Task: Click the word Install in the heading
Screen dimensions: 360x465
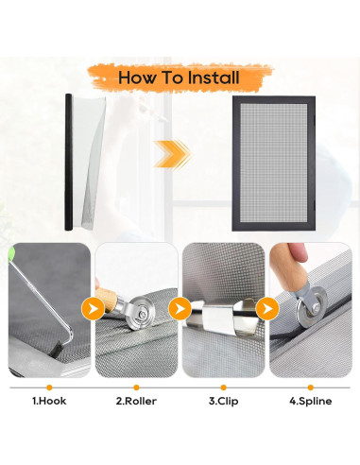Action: tap(214, 77)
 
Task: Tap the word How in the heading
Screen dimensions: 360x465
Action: tap(136, 77)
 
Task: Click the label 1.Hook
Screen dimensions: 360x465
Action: tap(49, 401)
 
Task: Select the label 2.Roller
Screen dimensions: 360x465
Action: tap(136, 401)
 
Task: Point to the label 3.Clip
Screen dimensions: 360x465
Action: tap(223, 402)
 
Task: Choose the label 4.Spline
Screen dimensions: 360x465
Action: tap(311, 402)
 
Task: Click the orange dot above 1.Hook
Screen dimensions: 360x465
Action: tap(49, 387)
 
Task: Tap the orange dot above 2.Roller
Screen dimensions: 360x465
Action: tap(136, 387)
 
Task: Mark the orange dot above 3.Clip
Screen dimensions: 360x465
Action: tap(223, 387)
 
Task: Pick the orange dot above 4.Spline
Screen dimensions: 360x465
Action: tap(311, 387)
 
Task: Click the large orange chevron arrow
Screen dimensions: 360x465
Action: tap(172, 154)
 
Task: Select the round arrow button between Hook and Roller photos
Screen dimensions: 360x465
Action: tap(93, 309)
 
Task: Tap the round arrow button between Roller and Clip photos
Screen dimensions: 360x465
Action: tap(180, 309)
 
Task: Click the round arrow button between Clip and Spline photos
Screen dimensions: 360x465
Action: tap(267, 309)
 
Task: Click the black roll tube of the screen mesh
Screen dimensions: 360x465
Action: tap(69, 162)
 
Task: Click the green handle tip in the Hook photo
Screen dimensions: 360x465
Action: tap(12, 253)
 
